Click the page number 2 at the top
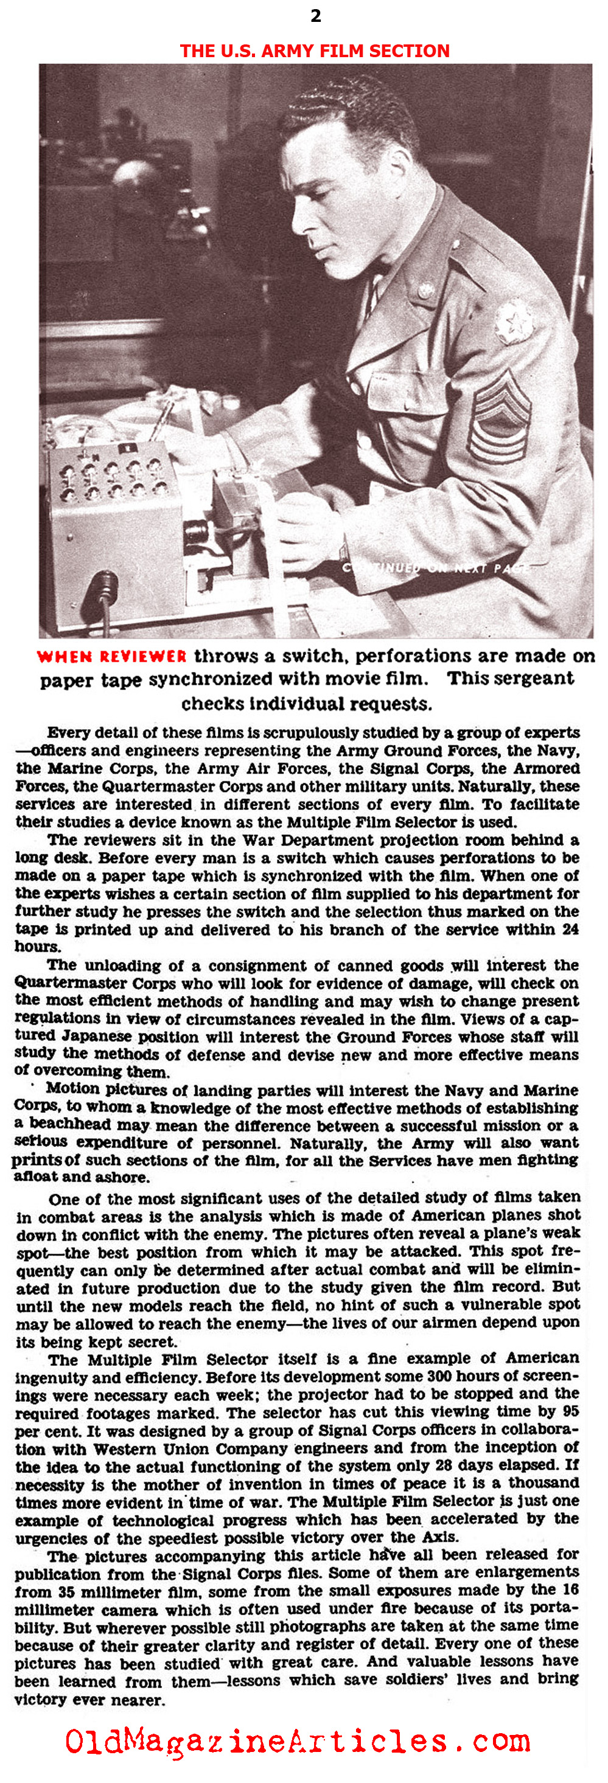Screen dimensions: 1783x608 pyautogui.click(x=316, y=16)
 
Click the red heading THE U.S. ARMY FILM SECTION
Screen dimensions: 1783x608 pyautogui.click(x=315, y=50)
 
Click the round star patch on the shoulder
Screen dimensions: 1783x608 pyautogui.click(x=513, y=321)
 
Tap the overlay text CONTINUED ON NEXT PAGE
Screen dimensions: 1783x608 pyautogui.click(x=436, y=568)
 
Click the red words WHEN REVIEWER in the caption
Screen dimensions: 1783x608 pyautogui.click(x=111, y=656)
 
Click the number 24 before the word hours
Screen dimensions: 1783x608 pyautogui.click(x=570, y=929)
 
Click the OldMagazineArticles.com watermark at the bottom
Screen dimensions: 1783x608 pyautogui.click(x=298, y=1742)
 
